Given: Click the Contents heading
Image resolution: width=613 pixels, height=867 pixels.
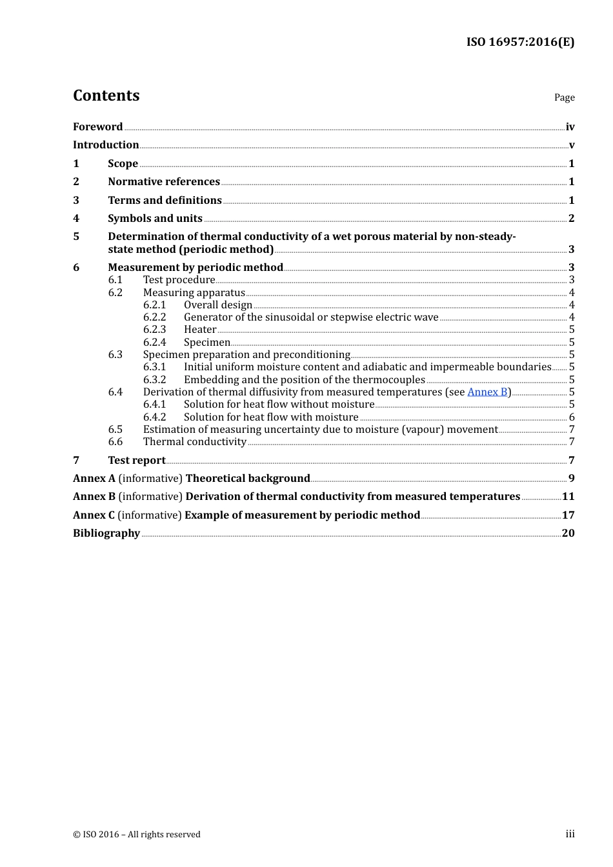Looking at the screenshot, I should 106,95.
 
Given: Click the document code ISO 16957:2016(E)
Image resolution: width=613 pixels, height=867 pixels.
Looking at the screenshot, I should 520,42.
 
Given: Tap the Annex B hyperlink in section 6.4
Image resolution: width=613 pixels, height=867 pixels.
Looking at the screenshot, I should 487,392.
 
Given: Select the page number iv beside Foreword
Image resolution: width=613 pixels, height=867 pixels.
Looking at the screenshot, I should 570,127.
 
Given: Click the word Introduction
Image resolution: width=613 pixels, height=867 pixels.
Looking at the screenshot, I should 106,145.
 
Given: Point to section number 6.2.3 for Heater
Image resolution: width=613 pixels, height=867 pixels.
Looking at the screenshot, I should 154,330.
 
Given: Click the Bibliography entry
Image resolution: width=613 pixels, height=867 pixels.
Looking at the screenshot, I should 106,533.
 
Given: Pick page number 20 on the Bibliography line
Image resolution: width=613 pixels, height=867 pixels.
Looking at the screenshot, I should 568,533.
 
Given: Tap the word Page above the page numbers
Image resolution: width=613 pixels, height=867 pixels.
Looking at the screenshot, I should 564,97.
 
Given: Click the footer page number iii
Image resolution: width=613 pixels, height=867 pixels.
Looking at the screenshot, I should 570,834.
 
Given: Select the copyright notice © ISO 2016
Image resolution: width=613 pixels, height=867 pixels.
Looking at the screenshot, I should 137,835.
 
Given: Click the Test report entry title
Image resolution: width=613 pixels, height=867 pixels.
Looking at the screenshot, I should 137,461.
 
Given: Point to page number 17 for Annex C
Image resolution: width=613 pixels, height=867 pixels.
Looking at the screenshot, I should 568,515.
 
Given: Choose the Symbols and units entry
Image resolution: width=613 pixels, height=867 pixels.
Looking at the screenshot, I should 155,219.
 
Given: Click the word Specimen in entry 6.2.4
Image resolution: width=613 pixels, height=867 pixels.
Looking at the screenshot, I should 206,343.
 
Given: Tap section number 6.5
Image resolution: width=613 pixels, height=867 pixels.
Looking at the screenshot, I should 116,430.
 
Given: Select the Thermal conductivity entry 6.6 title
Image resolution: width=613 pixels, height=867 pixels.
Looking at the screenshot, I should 194,442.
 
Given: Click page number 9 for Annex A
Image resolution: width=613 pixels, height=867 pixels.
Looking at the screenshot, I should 571,479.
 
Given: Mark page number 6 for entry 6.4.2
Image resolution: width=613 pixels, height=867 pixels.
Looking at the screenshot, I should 572,417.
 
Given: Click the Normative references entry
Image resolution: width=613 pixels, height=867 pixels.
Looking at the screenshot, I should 164,182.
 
